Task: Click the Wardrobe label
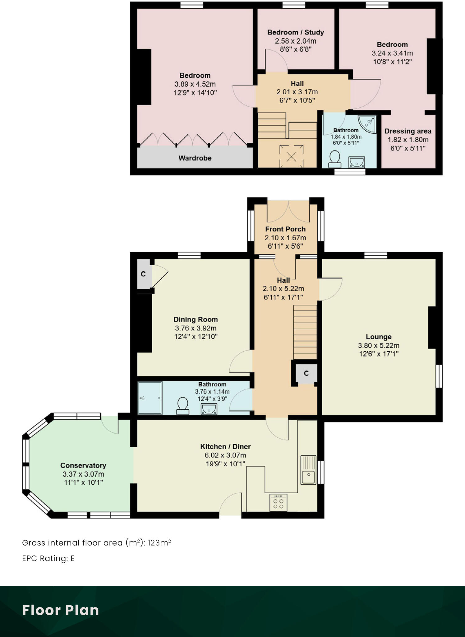[195, 158]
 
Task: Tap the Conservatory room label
[83, 465]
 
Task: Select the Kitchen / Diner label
[225, 447]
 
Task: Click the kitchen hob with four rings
[279, 502]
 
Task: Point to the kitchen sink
[308, 470]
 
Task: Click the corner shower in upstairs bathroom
[367, 124]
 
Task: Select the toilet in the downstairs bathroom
[183, 406]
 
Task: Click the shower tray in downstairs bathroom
[150, 398]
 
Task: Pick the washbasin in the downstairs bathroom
[209, 409]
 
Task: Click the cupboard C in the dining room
[143, 274]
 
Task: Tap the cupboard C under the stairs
[306, 373]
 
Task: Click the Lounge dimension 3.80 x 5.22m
[379, 345]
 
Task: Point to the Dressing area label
[408, 131]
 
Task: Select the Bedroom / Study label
[296, 32]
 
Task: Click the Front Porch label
[285, 229]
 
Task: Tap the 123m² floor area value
[159, 543]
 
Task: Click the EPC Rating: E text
[48, 559]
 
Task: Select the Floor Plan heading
[61, 610]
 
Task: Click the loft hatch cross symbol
[291, 156]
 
